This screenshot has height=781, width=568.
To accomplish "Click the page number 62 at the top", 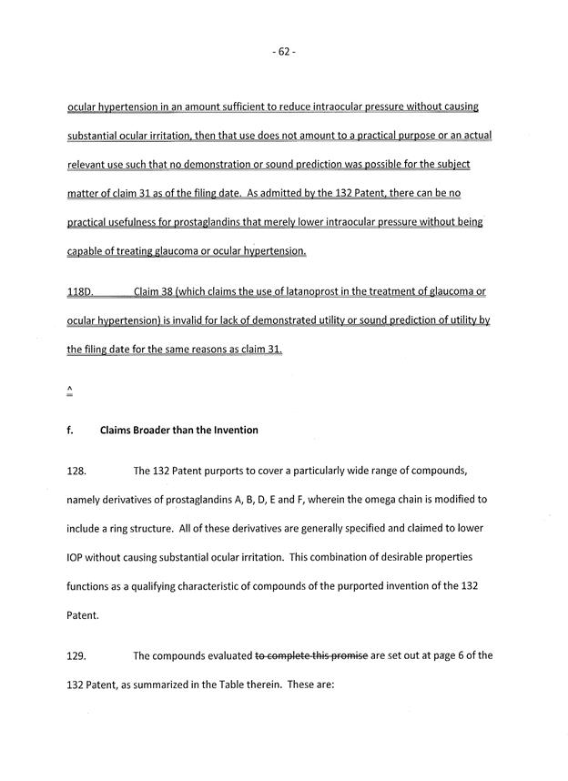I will [284, 53].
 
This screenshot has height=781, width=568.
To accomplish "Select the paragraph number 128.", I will [78, 472].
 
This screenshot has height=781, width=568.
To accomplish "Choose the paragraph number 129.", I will [78, 655].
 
